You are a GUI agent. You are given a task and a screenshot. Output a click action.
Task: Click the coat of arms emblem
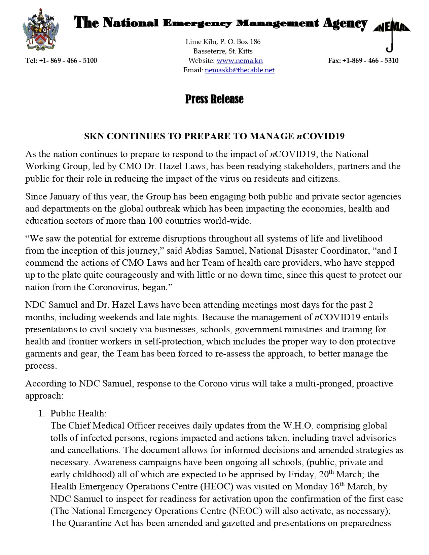tap(41, 30)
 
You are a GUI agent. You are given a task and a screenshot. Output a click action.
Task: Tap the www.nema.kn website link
tap(240, 61)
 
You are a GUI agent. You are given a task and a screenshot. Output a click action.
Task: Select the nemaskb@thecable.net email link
tap(240, 70)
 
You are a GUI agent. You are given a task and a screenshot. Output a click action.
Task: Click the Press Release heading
tap(214, 99)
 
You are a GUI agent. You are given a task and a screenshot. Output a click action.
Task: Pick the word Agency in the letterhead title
tap(345, 23)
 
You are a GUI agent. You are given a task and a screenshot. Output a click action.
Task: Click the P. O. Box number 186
tap(255, 42)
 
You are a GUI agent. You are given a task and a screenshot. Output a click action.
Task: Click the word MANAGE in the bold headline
tap(272, 136)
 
